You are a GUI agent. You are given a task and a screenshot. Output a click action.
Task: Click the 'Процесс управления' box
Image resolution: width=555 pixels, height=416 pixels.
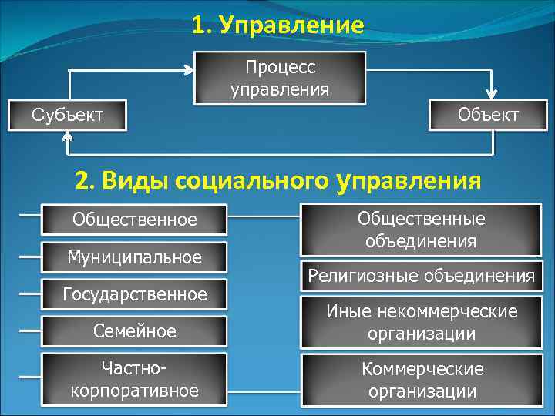[x=280, y=79]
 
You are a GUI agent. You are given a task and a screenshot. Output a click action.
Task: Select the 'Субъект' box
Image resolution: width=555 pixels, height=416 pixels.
[x=68, y=115]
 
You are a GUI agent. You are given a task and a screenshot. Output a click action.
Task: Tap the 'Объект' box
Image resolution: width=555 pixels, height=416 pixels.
[x=488, y=115]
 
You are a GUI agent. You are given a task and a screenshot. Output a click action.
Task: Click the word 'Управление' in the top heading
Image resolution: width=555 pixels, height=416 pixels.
[x=291, y=25]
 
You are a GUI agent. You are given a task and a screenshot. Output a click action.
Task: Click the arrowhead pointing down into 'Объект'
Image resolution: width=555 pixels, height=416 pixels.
[x=487, y=92]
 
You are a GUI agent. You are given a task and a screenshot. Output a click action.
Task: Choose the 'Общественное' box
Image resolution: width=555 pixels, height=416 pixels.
[x=135, y=220]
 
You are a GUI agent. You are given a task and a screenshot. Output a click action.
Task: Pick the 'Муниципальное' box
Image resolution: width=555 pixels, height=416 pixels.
[x=135, y=257]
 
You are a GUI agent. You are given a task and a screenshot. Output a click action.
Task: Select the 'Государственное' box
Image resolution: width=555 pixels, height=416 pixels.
[x=135, y=294]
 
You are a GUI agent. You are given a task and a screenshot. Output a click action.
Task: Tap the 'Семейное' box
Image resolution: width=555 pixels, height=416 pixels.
[x=135, y=331]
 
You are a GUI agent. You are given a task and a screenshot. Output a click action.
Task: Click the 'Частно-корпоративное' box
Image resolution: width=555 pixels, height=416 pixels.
[x=135, y=379]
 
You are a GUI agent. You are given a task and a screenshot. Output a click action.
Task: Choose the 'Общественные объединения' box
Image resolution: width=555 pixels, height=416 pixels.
[x=422, y=230]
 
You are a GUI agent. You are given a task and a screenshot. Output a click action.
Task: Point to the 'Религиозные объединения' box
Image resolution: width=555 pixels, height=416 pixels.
[x=422, y=276]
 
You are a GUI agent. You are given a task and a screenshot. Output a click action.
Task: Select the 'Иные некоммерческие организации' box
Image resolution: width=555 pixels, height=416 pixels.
[x=422, y=322]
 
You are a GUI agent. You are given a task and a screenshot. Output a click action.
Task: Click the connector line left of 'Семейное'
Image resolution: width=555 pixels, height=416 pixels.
[x=29, y=330]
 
